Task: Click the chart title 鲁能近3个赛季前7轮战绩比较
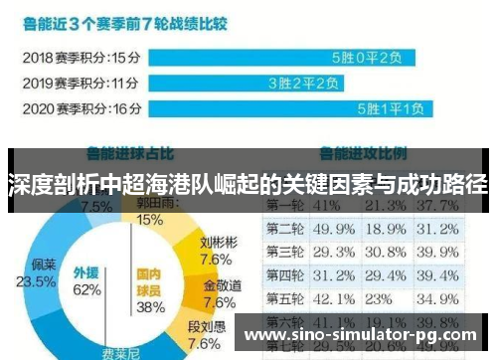tap(140, 17)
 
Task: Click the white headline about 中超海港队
tap(248, 185)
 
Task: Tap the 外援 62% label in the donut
tap(86, 281)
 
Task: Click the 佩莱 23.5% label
tap(43, 273)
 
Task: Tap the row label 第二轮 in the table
tap(285, 230)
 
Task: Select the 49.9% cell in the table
tap(333, 230)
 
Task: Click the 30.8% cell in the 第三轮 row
tap(390, 253)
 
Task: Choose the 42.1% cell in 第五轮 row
tap(333, 298)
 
